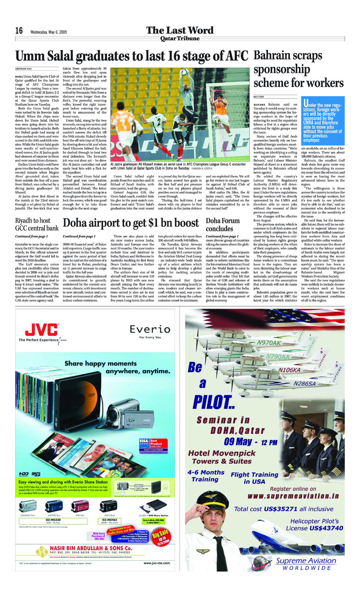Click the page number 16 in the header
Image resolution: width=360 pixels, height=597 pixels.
tap(19, 31)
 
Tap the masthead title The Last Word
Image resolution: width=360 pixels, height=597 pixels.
tap(180, 30)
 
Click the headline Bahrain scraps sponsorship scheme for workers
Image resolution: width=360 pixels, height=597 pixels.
tap(298, 69)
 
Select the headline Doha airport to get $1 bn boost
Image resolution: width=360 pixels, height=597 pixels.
tap(131, 223)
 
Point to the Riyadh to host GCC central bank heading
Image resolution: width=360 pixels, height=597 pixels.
tap(37, 224)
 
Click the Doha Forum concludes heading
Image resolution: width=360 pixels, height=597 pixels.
tap(223, 224)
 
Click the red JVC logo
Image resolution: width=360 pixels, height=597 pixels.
tap(41, 330)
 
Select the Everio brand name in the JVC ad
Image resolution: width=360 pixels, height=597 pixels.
tap(150, 329)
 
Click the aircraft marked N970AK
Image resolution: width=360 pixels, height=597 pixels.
tap(269, 343)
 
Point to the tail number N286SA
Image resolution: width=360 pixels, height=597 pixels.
tap(304, 383)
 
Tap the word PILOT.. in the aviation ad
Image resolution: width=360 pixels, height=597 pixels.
tap(214, 402)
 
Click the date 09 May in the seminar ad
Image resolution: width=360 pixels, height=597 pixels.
tap(238, 442)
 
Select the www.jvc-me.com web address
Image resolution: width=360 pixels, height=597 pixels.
tap(156, 563)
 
